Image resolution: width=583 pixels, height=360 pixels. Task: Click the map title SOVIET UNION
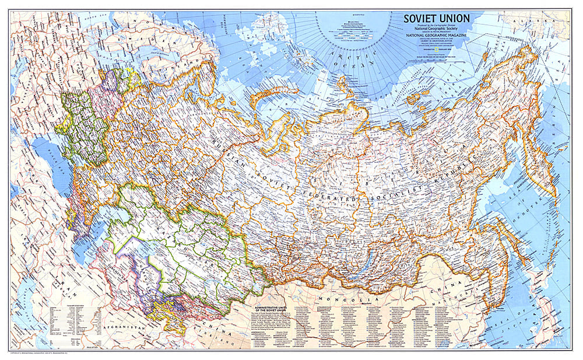pos(443,19)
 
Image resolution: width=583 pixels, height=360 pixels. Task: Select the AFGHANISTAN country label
pos(124,328)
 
